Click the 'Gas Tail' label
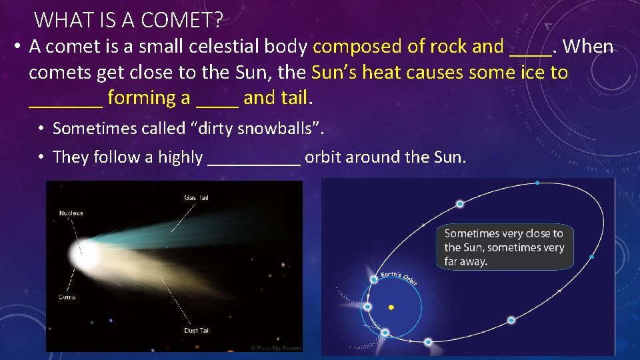pos(197,197)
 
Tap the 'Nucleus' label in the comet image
pos(71,213)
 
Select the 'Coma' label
pos(67,297)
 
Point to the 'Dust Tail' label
pos(198,330)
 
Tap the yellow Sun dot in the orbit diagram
pos(391,307)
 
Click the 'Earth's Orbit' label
pos(399,277)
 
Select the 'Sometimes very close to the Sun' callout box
pos(505,247)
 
